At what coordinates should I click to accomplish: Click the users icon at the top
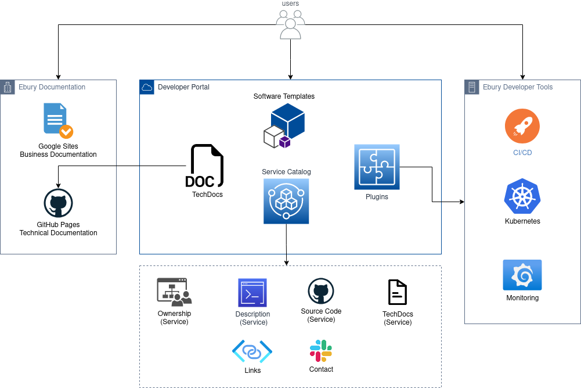(x=290, y=24)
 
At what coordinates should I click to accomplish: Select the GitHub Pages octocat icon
(x=58, y=203)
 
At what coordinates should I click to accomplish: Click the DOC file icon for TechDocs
(x=204, y=166)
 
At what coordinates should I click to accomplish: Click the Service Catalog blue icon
(x=286, y=201)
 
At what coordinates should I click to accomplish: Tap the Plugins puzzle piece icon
(x=377, y=167)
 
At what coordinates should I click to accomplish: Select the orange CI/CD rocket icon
(x=522, y=126)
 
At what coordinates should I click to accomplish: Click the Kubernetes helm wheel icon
(x=522, y=196)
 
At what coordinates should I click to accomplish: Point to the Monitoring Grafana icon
(x=522, y=275)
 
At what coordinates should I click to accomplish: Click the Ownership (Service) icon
(x=174, y=292)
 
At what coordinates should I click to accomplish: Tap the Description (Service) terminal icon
(x=252, y=293)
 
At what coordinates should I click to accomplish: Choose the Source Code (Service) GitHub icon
(x=321, y=291)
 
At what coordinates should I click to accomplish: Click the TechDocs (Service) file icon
(x=397, y=292)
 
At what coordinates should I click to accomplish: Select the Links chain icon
(x=252, y=351)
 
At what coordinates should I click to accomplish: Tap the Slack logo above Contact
(x=321, y=351)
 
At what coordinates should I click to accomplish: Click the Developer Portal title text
(x=183, y=87)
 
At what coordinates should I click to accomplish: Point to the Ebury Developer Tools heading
(x=518, y=87)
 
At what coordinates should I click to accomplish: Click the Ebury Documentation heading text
(x=52, y=87)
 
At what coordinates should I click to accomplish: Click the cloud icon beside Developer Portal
(x=147, y=87)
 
